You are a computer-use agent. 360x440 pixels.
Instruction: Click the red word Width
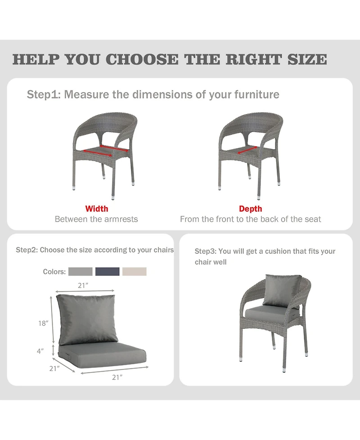tap(97, 209)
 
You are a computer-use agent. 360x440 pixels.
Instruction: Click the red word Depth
tap(250, 209)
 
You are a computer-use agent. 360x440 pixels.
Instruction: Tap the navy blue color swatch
tap(108, 272)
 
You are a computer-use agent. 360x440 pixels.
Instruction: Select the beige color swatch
tap(134, 272)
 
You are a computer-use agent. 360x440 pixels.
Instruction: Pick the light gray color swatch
tap(81, 272)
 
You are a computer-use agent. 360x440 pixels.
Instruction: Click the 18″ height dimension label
tap(44, 323)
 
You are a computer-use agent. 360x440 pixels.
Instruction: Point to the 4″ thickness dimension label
tap(40, 351)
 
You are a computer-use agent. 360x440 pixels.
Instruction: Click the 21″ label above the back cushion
tap(83, 286)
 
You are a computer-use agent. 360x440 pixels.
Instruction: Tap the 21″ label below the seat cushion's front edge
tap(117, 377)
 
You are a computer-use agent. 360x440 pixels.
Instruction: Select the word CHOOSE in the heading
tap(142, 59)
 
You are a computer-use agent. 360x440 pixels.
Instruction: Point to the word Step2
tap(26, 250)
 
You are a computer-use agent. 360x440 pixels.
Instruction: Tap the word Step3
tap(205, 251)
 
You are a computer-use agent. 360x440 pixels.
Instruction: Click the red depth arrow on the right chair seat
tap(247, 150)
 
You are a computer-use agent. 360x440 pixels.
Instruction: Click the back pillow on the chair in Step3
tap(282, 290)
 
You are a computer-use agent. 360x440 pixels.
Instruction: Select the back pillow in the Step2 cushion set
tap(87, 319)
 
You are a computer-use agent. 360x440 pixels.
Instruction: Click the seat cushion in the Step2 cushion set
tap(102, 355)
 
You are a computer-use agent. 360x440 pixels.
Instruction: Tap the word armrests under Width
tap(121, 219)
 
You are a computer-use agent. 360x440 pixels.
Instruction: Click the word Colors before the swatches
tap(54, 272)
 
